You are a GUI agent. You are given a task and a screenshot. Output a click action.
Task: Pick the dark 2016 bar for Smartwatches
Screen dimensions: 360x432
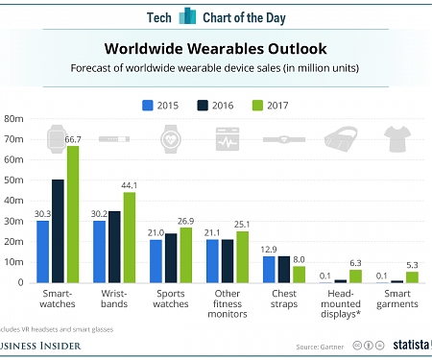click(58, 231)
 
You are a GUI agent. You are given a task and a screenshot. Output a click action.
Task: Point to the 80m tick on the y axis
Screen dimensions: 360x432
click(13, 119)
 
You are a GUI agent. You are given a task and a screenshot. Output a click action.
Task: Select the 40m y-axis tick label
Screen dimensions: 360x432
click(13, 201)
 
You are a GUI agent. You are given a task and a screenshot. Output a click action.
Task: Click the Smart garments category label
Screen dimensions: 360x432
click(398, 299)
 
